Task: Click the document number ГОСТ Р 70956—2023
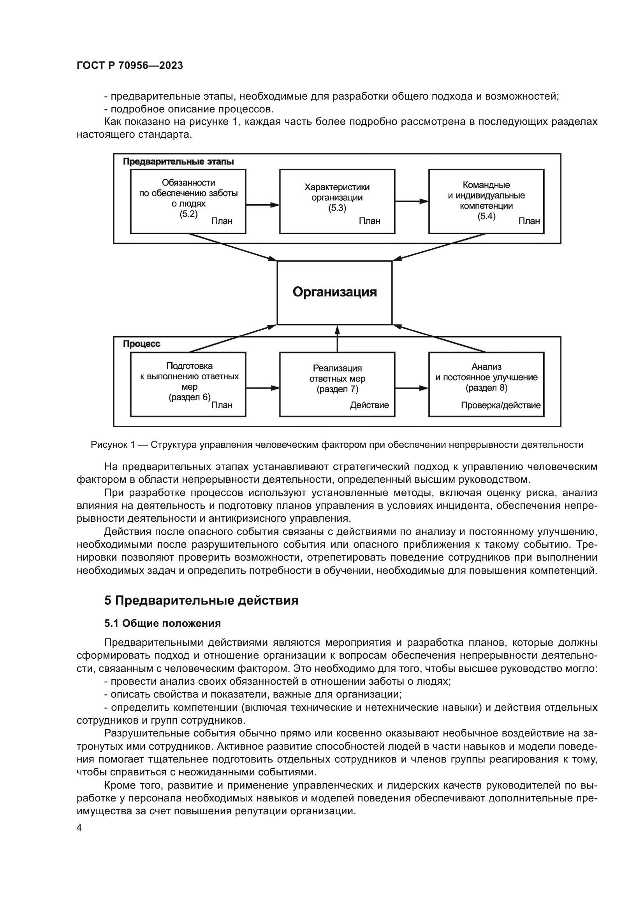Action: click(x=130, y=65)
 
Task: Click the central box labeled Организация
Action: click(x=334, y=293)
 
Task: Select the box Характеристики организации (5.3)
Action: click(x=337, y=202)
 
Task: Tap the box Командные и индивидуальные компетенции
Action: click(x=486, y=202)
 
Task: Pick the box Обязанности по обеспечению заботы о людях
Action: click(x=188, y=202)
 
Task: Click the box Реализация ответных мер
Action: click(x=337, y=384)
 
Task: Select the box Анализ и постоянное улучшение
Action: click(x=486, y=384)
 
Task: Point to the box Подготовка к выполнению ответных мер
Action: click(x=188, y=384)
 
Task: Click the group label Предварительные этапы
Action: click(x=178, y=162)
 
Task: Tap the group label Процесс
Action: click(x=142, y=344)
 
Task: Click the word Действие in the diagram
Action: click(x=369, y=405)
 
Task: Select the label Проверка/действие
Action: click(x=500, y=405)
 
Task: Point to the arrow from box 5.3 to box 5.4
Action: click(x=412, y=202)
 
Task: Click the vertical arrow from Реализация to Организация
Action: click(x=338, y=338)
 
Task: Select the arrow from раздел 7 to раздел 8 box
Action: click(x=412, y=388)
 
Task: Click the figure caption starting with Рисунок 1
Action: click(x=337, y=445)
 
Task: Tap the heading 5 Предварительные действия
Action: click(x=201, y=600)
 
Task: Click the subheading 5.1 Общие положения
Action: click(x=163, y=623)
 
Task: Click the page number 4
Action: click(x=79, y=828)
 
